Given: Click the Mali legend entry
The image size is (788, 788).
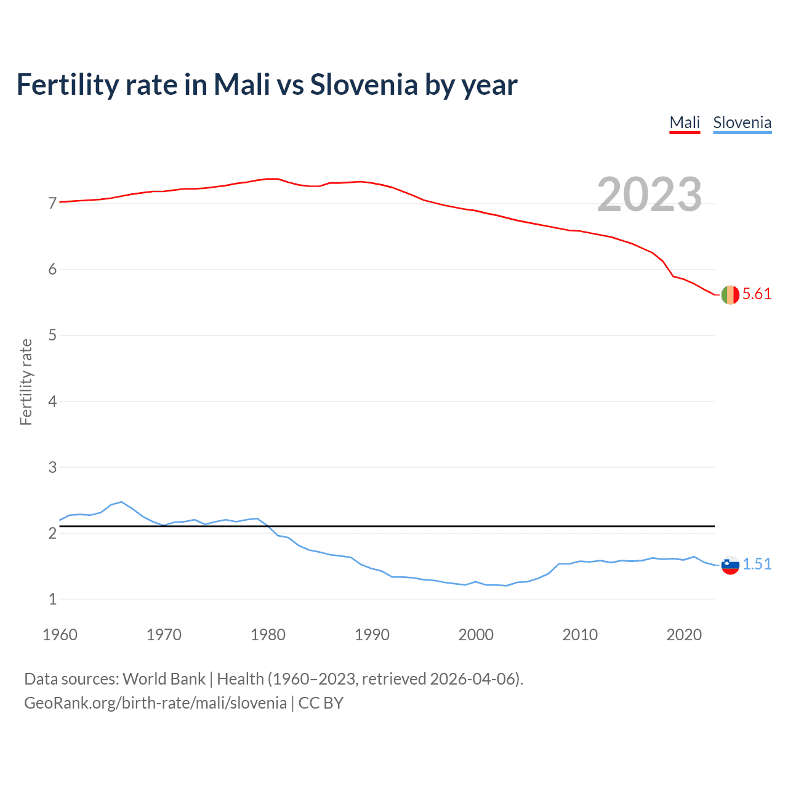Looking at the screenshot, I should [x=685, y=123].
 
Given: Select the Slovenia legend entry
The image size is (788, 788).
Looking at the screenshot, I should [x=742, y=123].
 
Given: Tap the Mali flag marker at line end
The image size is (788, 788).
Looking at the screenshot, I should [x=730, y=295].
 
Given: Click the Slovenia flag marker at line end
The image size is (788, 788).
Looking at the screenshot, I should [x=730, y=565].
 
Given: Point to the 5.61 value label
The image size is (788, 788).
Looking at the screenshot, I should [x=757, y=294].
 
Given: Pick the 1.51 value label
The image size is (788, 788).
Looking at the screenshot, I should [x=757, y=564].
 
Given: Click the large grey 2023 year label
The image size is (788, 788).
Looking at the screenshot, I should [x=649, y=195].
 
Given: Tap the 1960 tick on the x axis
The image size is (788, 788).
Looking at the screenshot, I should [x=60, y=635].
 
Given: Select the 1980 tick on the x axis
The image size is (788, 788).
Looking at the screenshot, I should [x=268, y=635].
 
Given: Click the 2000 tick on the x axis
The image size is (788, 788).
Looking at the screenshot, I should [x=476, y=635].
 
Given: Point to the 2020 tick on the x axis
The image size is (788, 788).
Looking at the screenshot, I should [x=684, y=635].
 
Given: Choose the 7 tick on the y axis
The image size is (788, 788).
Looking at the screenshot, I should [x=52, y=203].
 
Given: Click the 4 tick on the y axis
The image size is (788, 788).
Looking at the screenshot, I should [x=52, y=401].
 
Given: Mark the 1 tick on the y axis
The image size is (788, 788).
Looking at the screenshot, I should [x=52, y=599].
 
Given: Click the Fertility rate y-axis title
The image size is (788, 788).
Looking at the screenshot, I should [x=26, y=382].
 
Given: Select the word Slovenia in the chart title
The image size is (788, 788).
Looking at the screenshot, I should [x=364, y=84].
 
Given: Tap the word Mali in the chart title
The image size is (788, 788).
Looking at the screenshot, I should [x=241, y=84].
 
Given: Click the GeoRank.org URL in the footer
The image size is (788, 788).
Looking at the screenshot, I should [x=155, y=703].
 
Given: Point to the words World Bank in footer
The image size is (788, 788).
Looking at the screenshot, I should [x=164, y=679].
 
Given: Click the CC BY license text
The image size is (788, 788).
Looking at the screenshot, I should [x=321, y=703].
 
